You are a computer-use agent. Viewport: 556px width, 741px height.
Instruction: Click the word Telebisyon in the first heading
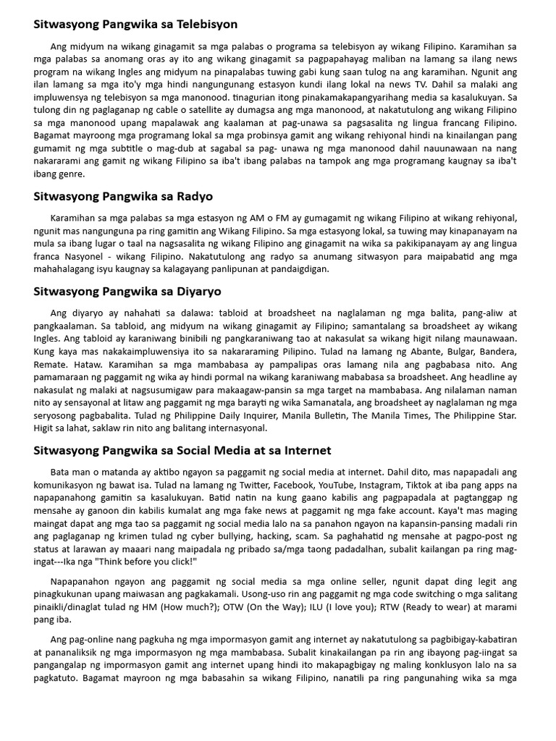pos(209,24)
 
